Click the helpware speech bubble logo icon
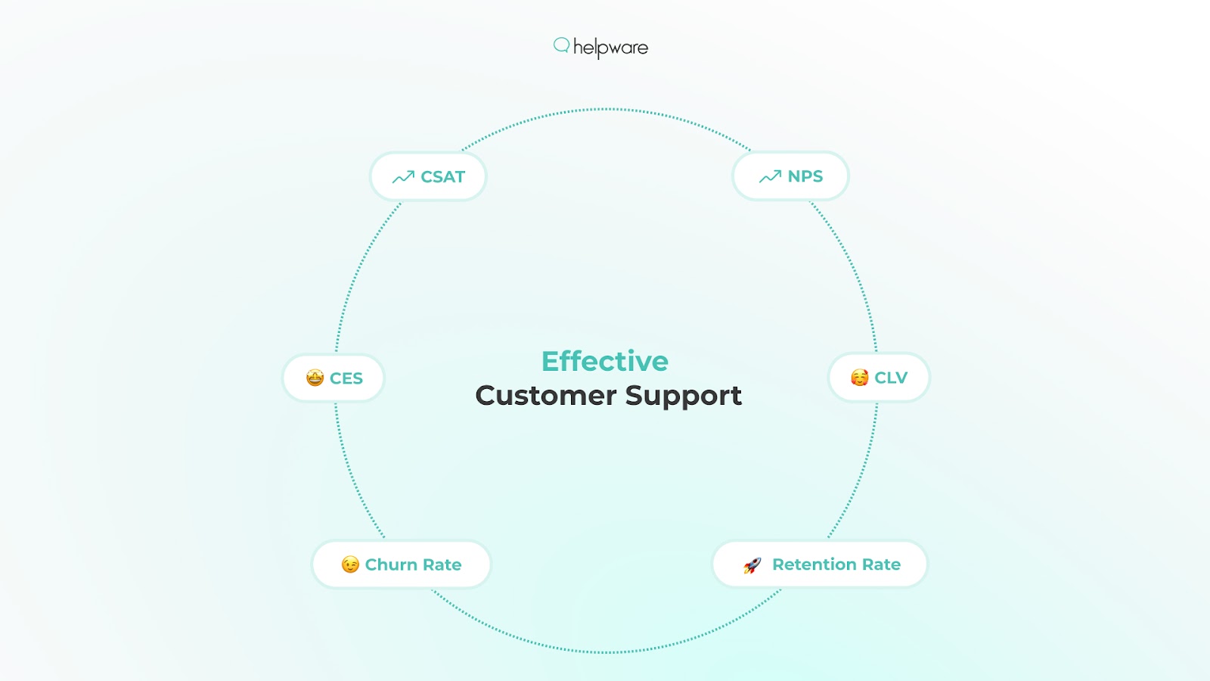pos(561,45)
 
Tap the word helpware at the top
pos(610,48)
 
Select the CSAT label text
pos(442,177)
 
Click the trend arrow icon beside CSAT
pos(403,177)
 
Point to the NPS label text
pos(805,176)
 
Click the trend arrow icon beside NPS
pos(770,176)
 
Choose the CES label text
pos(346,378)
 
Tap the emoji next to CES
pos(315,378)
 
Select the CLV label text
pos(890,378)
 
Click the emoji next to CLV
pos(859,377)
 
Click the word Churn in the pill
pos(391,564)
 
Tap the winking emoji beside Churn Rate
pos(350,564)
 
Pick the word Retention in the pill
pos(814,564)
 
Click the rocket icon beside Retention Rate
pos(752,565)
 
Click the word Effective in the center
pos(605,361)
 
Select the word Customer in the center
pos(545,396)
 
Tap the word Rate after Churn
pos(442,564)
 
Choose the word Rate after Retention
pos(881,564)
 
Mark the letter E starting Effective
pos(550,361)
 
